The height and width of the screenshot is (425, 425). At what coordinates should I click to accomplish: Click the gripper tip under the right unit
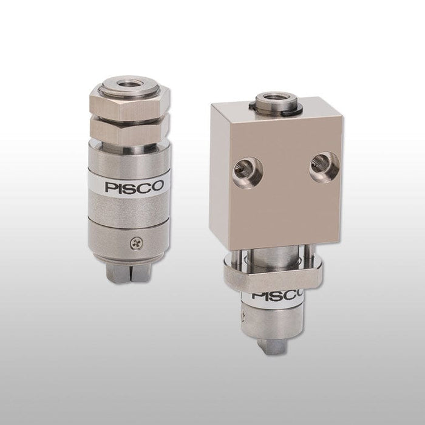coord(272,347)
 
